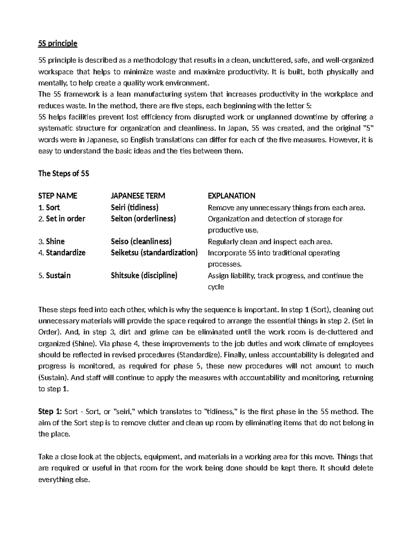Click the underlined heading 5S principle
[x=58, y=44]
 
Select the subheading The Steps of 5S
[x=64, y=174]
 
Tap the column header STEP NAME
[x=58, y=196]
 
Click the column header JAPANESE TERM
[x=138, y=196]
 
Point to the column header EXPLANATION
[x=231, y=196]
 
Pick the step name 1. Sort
[x=49, y=207]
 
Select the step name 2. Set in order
[x=62, y=219]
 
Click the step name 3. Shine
[x=51, y=241]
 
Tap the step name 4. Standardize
[x=62, y=253]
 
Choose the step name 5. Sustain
[x=54, y=275]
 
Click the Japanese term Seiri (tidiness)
[x=135, y=207]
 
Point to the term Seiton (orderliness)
[x=143, y=219]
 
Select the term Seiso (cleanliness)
[x=141, y=241]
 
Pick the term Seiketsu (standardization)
[x=154, y=253]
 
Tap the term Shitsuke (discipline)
[x=144, y=275]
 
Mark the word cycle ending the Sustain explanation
[x=216, y=287]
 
